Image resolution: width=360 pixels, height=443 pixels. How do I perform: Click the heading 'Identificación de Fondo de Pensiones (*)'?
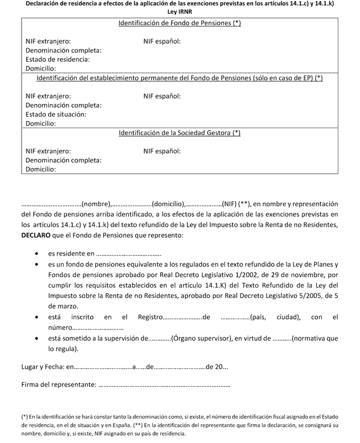coord(180,24)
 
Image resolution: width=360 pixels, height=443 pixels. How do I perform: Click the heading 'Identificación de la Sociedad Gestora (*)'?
coord(180,133)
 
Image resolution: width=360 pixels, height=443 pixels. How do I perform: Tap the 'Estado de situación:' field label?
coord(56,114)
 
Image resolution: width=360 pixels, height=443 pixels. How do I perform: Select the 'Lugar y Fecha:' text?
coord(43,366)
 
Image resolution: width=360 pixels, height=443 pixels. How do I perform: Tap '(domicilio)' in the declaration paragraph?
coord(168,203)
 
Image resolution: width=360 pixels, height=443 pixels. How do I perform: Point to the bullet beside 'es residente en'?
coord(36,254)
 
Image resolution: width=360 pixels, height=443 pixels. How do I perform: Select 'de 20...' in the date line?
coord(216,366)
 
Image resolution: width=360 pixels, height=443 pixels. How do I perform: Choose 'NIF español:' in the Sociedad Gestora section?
coord(162,150)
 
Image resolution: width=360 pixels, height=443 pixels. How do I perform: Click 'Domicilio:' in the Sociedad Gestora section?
coord(41,169)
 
